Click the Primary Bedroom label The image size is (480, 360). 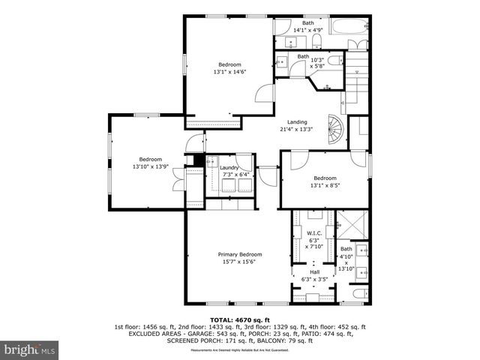[239, 254]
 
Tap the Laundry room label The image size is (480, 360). [229, 168]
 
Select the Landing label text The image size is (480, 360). [298, 121]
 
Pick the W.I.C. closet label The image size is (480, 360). [314, 233]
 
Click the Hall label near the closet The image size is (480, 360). [314, 272]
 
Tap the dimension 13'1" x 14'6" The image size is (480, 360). [229, 72]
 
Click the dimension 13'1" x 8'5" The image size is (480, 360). [325, 185]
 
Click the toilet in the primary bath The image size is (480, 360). [358, 293]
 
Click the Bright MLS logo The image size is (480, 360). [30, 349]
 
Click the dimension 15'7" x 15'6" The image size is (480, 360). [239, 261]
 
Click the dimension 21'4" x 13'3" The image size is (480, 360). [298, 128]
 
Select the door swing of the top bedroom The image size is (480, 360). [264, 94]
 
